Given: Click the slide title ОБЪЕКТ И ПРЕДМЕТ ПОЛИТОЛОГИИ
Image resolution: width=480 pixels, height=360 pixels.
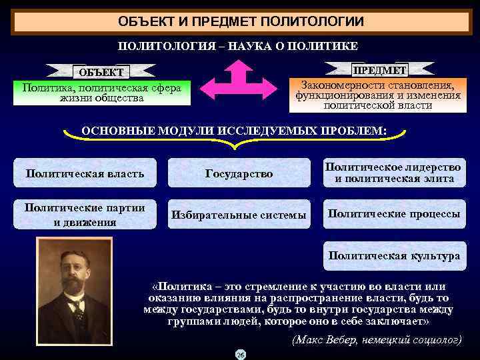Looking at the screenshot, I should (x=241, y=21).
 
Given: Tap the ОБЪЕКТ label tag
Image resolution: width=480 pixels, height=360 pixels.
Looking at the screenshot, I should (x=101, y=71).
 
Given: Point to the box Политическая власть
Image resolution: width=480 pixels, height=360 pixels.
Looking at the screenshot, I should (x=85, y=173).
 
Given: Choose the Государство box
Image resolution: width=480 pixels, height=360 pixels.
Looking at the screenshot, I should (x=239, y=173).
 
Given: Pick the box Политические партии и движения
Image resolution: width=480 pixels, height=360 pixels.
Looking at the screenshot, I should (x=85, y=215).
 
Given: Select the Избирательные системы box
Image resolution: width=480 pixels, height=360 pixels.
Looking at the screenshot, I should (x=239, y=215).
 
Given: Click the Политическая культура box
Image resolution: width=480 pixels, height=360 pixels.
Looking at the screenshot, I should (x=394, y=256).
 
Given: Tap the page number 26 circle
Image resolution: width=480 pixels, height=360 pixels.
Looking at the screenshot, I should (x=240, y=354).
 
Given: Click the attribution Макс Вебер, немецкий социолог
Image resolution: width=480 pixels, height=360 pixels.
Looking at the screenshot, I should (x=377, y=339).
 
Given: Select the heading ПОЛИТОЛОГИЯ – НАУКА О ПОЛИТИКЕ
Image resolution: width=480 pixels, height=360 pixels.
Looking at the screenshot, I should (x=238, y=46).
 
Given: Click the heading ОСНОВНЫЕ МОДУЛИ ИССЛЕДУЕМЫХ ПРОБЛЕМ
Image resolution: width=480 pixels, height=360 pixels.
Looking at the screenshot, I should (x=233, y=130).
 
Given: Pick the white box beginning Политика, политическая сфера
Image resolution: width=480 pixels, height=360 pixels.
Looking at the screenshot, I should (x=101, y=93).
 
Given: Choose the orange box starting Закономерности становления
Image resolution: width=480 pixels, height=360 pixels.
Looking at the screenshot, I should (x=377, y=95).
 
